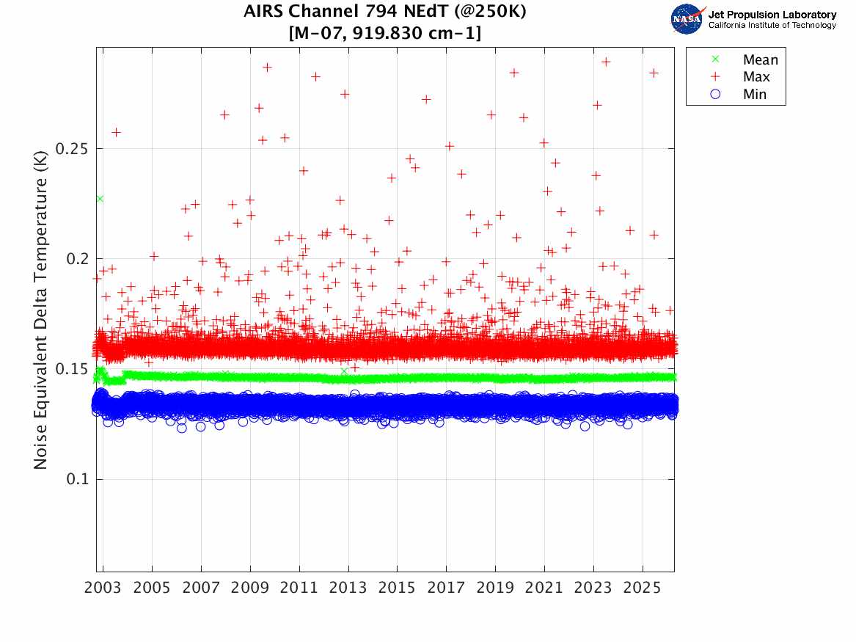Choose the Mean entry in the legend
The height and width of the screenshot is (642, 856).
pos(759,60)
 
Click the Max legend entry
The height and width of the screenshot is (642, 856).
pos(756,77)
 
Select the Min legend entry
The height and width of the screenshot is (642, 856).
pos(755,94)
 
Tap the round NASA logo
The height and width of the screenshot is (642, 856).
pos(687,19)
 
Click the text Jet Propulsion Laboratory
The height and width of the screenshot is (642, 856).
pos(772,15)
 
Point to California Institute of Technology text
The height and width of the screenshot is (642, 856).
pos(772,26)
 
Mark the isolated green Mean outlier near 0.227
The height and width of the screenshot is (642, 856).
pos(100,199)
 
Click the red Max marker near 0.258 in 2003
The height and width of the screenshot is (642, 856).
pos(116,132)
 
